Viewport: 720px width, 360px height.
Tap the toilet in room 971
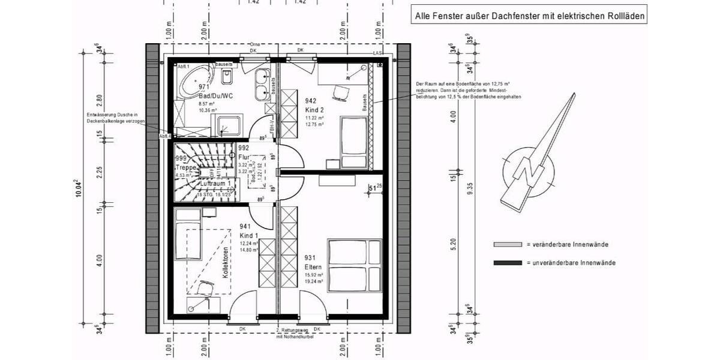227,77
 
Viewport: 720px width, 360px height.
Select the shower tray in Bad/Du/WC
229,125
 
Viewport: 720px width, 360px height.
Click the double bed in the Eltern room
354,266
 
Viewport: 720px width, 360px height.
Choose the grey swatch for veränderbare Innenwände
508,245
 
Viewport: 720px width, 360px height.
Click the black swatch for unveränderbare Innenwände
508,263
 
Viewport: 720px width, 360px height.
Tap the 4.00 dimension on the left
100,260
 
